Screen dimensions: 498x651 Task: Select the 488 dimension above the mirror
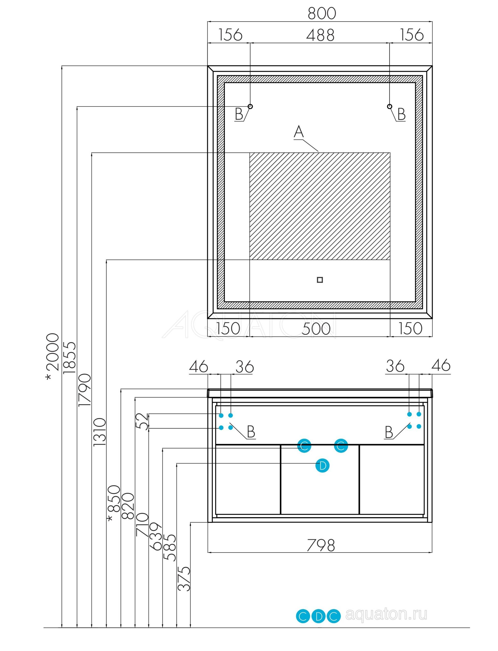tap(320, 35)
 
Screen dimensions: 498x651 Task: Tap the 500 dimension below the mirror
tap(316, 329)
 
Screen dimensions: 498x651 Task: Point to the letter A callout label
tap(299, 132)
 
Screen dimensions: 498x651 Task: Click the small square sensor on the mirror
tap(319, 280)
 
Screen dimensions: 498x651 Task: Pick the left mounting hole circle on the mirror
tap(250, 106)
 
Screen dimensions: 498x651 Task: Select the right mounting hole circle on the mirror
tap(389, 106)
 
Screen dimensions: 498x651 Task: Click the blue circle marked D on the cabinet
tap(322, 466)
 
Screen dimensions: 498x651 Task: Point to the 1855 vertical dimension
tap(70, 357)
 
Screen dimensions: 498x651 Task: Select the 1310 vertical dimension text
tap(99, 432)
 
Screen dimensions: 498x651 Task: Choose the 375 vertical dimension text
tap(184, 579)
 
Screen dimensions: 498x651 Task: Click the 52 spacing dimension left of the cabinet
tap(142, 421)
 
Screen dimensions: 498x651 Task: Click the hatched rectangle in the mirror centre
tap(320, 206)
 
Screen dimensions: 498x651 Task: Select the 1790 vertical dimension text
tap(84, 390)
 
